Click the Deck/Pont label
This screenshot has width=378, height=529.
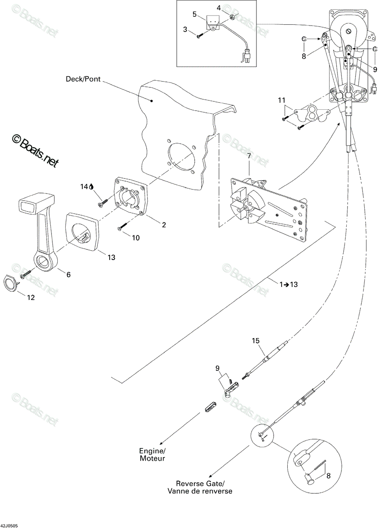83,79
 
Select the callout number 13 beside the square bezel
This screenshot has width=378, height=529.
111,257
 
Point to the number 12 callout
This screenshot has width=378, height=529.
31,298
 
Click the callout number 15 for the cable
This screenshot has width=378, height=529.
256,340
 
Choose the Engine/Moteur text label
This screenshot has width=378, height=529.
152,454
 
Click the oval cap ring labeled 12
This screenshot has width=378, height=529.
11,283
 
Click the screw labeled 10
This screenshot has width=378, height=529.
122,226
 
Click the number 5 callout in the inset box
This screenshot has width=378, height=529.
194,15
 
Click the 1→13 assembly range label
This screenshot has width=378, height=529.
289,284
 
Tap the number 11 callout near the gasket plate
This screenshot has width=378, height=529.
282,100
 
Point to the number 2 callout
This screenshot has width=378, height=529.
164,224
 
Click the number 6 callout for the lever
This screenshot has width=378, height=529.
68,274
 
